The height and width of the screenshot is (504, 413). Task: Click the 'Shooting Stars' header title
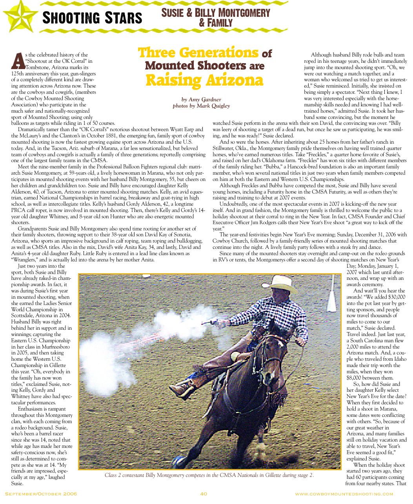pos(92,18)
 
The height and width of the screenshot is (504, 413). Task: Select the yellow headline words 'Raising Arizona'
pos(204,80)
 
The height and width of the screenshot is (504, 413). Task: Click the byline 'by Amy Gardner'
pos(201,99)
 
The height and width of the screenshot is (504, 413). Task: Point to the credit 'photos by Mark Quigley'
pos(201,106)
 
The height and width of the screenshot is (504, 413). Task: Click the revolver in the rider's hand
pos(212,322)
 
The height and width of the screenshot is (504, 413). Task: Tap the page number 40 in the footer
pos(204,494)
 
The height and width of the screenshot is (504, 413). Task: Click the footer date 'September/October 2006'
pos(41,494)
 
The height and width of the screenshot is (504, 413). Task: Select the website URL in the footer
pos(344,494)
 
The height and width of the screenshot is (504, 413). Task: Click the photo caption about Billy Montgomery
pos(209,475)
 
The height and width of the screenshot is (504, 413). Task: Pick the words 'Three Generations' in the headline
pos(198,53)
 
